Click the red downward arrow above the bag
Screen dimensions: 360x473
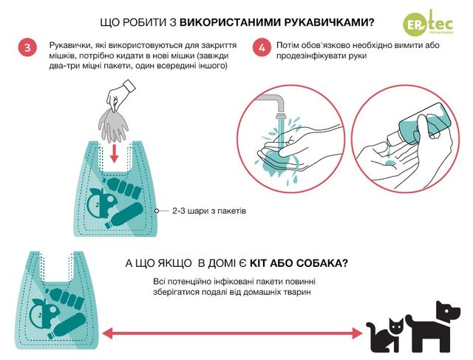[x=114, y=154]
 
